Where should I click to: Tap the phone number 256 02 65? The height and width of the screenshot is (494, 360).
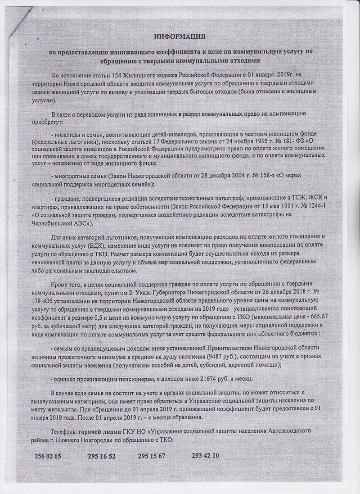tap(48, 456)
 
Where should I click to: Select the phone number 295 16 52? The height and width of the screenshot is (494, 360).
tap(102, 456)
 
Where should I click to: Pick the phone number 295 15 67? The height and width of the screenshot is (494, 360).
tap(152, 456)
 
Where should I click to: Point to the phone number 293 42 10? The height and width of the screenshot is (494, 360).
tap(205, 456)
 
